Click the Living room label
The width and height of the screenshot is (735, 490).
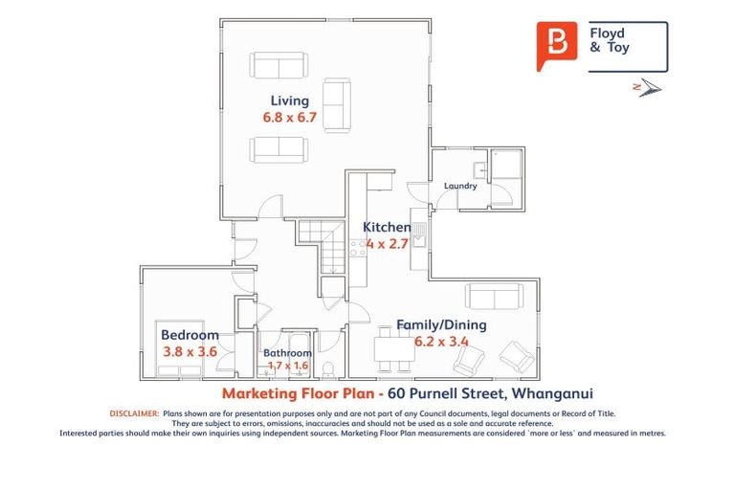289,100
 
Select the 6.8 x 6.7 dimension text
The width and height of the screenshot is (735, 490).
289,118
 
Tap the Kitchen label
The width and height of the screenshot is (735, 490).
387,228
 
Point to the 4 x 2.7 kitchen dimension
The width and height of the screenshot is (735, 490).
386,243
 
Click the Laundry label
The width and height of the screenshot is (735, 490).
460,186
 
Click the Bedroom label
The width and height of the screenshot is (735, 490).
189,335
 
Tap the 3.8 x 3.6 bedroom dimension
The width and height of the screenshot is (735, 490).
189,351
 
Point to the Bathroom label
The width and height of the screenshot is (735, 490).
287,353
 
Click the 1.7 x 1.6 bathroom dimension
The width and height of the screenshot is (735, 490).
287,366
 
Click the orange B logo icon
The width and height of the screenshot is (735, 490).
556,45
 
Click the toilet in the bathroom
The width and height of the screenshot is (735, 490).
328,369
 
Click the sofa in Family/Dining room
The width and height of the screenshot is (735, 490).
494,296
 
